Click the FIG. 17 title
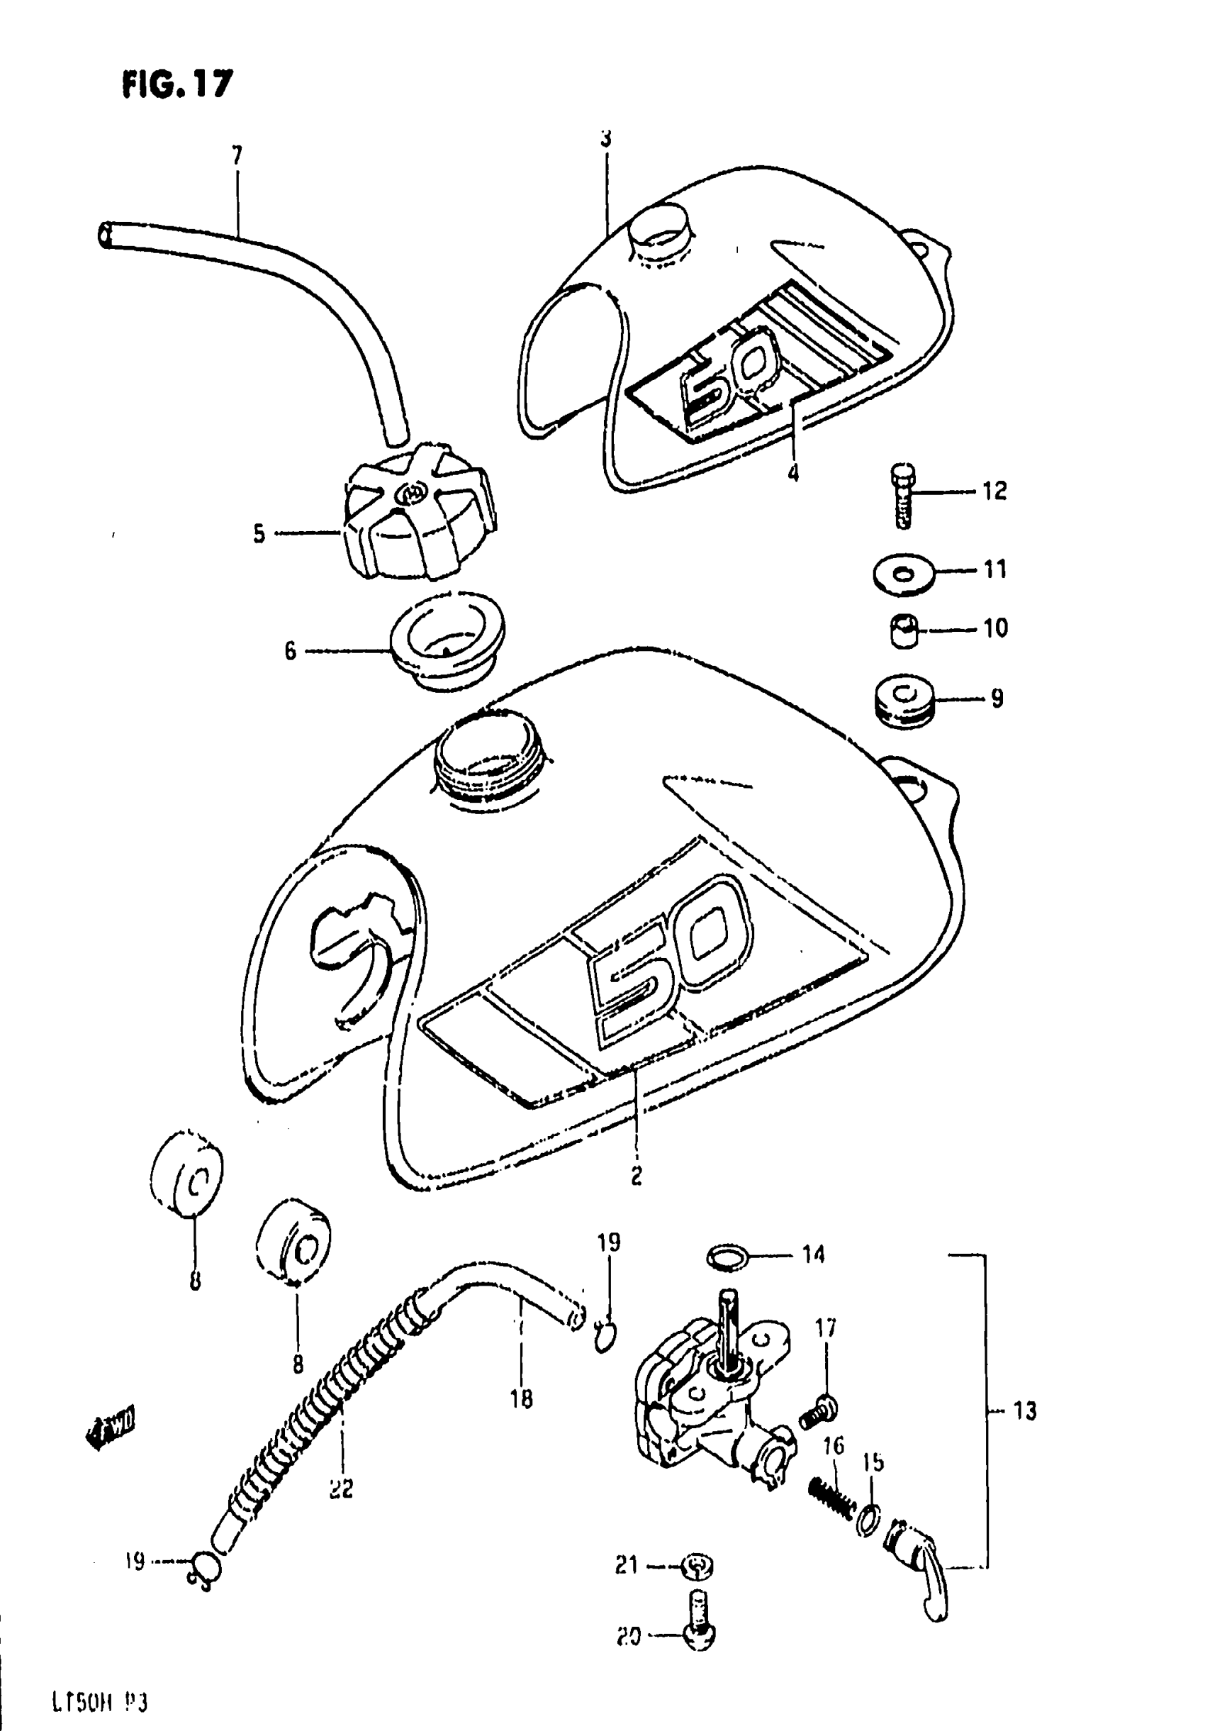point(177,84)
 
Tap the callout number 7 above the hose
point(237,155)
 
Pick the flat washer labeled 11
point(904,574)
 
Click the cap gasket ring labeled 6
point(447,638)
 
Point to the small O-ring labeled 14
point(727,1255)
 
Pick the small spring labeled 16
point(832,1496)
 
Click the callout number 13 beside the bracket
point(1024,1410)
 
